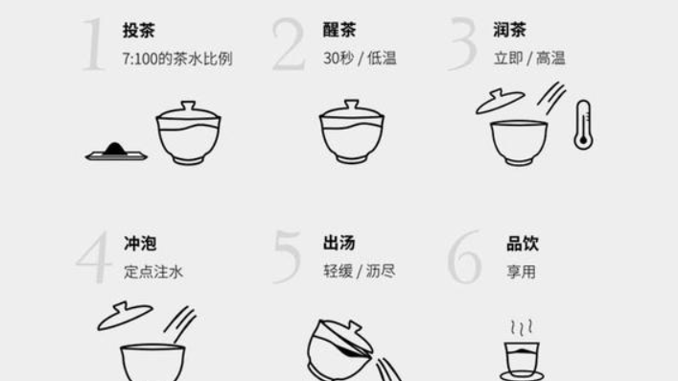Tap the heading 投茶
tap(139, 31)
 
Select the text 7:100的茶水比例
tap(177, 59)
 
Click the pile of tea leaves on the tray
tap(114, 149)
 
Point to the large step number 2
tap(289, 44)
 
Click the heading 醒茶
tap(339, 30)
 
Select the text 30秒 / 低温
tap(360, 58)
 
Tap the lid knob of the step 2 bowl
tap(352, 106)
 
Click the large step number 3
tap(462, 44)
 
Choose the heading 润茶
tap(510, 30)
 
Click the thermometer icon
tap(583, 125)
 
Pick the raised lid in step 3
tap(501, 101)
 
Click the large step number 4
tap(94, 257)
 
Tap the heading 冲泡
tap(140, 244)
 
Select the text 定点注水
tap(153, 272)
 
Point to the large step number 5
tap(287, 257)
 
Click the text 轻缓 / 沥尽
tap(360, 272)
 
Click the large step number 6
tap(464, 257)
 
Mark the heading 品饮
tap(523, 244)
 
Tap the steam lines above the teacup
tap(522, 328)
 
